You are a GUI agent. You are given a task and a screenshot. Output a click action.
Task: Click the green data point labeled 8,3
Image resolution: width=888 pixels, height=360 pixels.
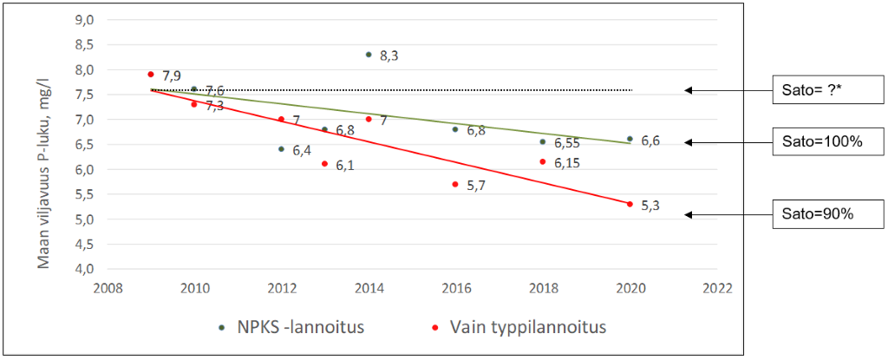pyautogui.click(x=369, y=55)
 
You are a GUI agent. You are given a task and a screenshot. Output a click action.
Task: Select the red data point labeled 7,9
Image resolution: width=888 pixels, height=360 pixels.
pyautogui.click(x=151, y=75)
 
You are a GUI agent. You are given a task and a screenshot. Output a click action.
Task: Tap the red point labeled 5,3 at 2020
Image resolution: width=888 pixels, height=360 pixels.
pyautogui.click(x=630, y=204)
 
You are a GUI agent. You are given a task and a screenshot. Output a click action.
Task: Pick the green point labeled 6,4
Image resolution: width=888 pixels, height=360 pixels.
pyautogui.click(x=281, y=149)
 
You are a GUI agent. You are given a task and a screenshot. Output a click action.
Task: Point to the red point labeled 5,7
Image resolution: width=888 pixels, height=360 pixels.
pyautogui.click(x=455, y=184)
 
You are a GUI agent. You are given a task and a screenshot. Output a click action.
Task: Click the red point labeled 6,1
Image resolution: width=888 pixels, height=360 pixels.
pyautogui.click(x=325, y=164)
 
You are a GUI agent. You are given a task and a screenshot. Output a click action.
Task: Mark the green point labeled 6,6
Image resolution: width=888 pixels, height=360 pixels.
pyautogui.click(x=630, y=139)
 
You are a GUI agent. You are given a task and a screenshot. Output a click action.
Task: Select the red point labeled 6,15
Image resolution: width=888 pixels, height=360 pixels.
pyautogui.click(x=543, y=161)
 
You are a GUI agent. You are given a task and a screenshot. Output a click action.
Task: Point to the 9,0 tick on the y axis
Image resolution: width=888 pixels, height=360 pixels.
pyautogui.click(x=83, y=20)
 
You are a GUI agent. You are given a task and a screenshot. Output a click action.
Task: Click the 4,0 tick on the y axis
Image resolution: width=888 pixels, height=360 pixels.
pyautogui.click(x=83, y=270)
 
